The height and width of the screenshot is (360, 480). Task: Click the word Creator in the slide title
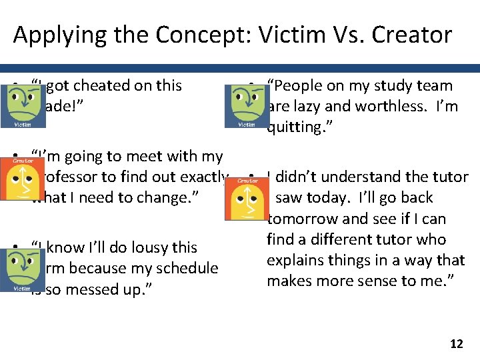point(412,34)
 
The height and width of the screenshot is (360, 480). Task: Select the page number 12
point(456,344)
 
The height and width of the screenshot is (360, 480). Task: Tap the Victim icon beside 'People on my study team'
point(247,107)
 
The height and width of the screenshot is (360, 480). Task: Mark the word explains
point(295,261)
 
